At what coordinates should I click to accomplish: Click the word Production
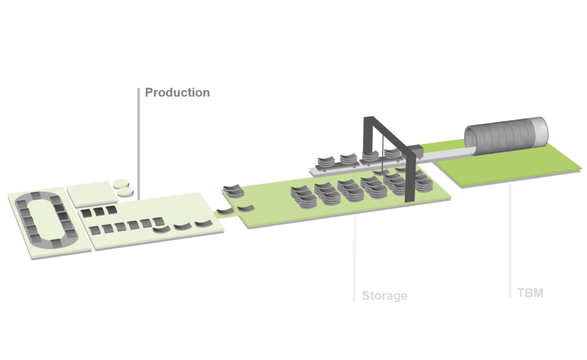point(177,92)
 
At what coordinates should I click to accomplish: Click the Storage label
point(384,296)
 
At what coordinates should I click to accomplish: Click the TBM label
point(530,293)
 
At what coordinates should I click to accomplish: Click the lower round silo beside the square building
point(126,191)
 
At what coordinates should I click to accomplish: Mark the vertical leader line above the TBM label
point(510,238)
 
